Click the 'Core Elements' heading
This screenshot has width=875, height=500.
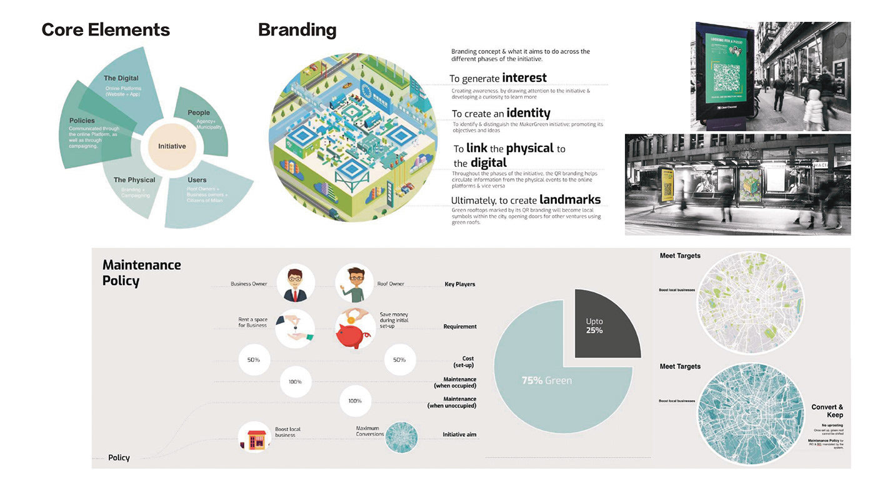click(106, 29)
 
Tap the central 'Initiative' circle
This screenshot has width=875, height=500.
click(172, 146)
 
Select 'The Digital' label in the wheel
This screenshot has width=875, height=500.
click(121, 79)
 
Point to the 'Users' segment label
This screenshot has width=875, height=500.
click(197, 180)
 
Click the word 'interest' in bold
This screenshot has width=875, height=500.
click(524, 77)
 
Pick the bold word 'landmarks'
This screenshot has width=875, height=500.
click(570, 199)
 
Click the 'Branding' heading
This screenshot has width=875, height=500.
click(297, 29)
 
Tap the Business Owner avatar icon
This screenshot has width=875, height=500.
click(295, 283)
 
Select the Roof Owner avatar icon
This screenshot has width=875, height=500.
click(354, 283)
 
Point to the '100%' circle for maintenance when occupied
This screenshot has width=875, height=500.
click(295, 382)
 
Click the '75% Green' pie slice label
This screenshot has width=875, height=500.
click(546, 380)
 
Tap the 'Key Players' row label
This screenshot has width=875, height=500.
click(459, 284)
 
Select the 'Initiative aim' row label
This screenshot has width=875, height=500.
click(459, 434)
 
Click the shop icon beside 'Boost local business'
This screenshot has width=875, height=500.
click(254, 437)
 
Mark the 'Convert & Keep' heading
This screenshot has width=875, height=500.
click(827, 411)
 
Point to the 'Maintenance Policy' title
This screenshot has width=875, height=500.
click(142, 272)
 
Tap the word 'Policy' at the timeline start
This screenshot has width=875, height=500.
click(119, 457)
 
